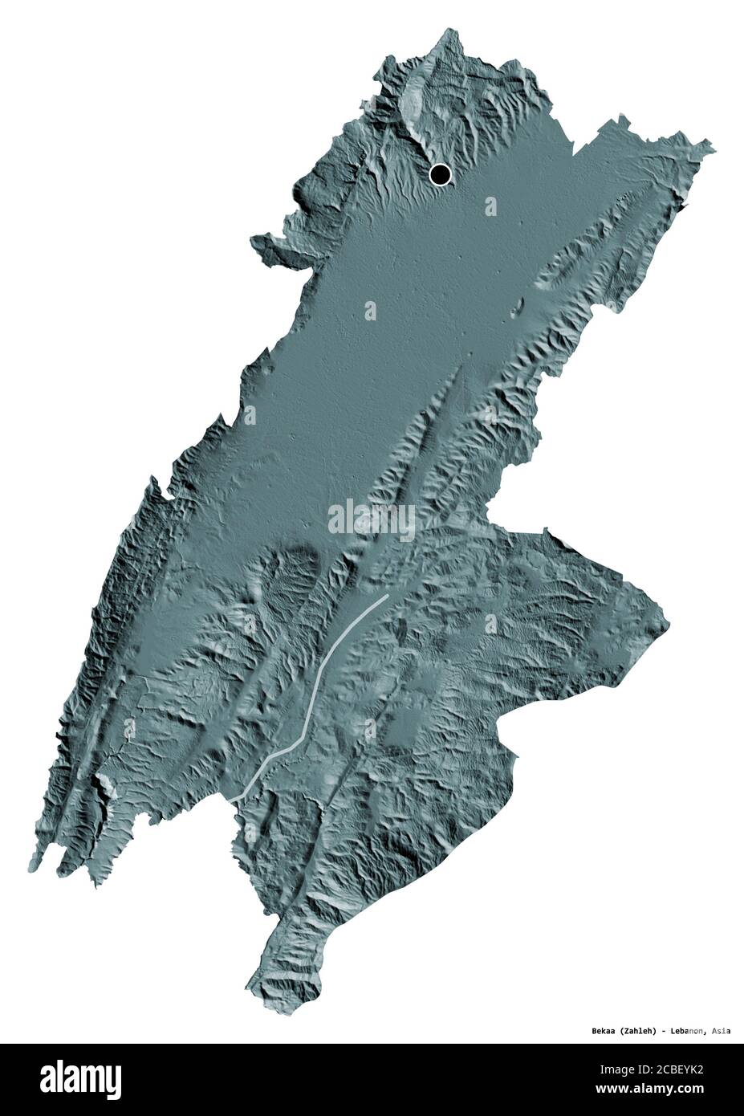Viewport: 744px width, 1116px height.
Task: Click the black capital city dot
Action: (440, 174)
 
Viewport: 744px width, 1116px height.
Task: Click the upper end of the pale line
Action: (386, 597)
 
